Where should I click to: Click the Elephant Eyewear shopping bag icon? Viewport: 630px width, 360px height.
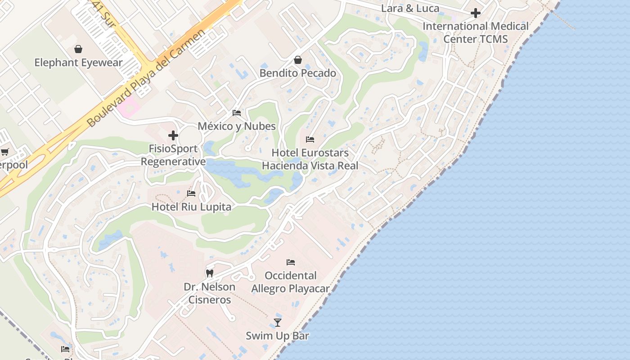coord(78,49)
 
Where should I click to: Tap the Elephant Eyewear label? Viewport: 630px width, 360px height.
coord(78,63)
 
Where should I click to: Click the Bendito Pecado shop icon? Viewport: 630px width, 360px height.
coord(297,60)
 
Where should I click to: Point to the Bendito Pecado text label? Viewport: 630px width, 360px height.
coord(297,73)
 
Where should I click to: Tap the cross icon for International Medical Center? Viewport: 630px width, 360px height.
coord(475,13)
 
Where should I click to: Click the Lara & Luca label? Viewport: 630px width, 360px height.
coord(410,8)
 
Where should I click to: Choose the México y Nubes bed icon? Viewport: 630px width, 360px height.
coord(237,113)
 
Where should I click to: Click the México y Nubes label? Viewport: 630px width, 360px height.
coord(237,126)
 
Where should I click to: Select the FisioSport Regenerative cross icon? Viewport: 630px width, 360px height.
coord(173,135)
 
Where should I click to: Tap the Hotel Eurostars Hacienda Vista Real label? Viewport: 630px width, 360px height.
coord(310,159)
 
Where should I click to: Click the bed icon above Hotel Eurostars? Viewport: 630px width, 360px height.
coord(310,139)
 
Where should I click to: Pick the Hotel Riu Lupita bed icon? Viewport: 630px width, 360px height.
coord(191,193)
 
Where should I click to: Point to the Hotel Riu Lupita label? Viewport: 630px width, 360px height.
coord(191,207)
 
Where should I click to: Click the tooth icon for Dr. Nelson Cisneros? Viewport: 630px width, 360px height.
coord(209,273)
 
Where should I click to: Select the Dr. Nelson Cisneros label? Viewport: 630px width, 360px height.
coord(209,293)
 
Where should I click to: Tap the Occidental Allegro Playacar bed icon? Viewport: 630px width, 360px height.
coord(291,262)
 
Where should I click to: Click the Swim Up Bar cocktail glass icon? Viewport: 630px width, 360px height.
coord(278,322)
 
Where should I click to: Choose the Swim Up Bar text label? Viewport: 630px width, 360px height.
coord(278,336)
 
